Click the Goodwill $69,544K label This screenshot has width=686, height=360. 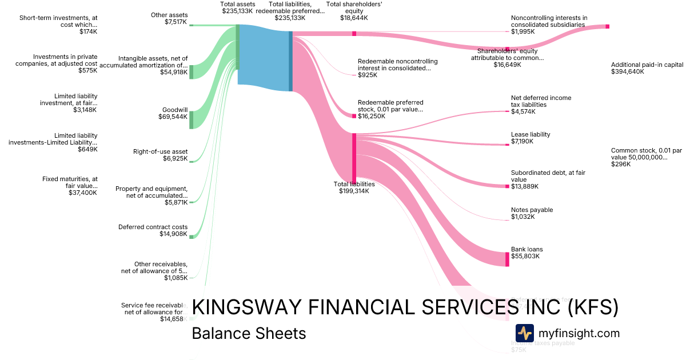pyautogui.click(x=173, y=113)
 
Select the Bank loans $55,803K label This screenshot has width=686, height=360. pyautogui.click(x=527, y=253)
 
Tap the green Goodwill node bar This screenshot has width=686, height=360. pyautogui.click(x=192, y=119)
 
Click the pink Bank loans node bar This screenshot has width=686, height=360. pyautogui.click(x=507, y=259)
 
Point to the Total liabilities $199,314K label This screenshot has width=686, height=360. pyautogui.click(x=354, y=187)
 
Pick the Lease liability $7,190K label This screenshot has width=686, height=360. pyautogui.click(x=531, y=138)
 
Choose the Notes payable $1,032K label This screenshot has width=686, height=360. pyautogui.click(x=532, y=213)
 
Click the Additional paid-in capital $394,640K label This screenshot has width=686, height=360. pyautogui.click(x=647, y=69)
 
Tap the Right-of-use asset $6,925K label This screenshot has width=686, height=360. pyautogui.click(x=160, y=155)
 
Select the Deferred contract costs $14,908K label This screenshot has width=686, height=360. pyautogui.click(x=153, y=230)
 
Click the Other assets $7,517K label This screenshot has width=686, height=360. pyautogui.click(x=169, y=18)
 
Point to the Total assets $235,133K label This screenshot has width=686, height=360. pyautogui.click(x=237, y=7)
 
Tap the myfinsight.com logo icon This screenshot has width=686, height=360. pyautogui.click(x=524, y=333)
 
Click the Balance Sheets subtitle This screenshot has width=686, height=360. pyautogui.click(x=249, y=333)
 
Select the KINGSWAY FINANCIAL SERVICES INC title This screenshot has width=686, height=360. pyautogui.click(x=405, y=307)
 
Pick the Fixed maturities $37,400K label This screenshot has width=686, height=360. pyautogui.click(x=70, y=186)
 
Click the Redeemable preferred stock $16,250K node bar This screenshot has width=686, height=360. pyautogui.click(x=354, y=116)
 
